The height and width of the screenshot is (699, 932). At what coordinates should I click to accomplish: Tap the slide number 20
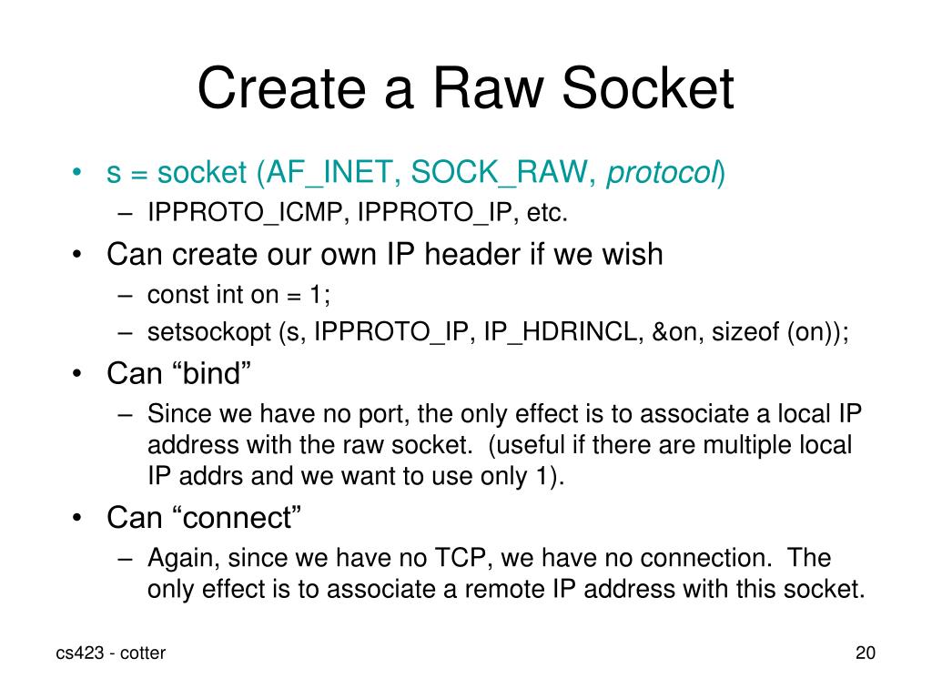pos(865,653)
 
